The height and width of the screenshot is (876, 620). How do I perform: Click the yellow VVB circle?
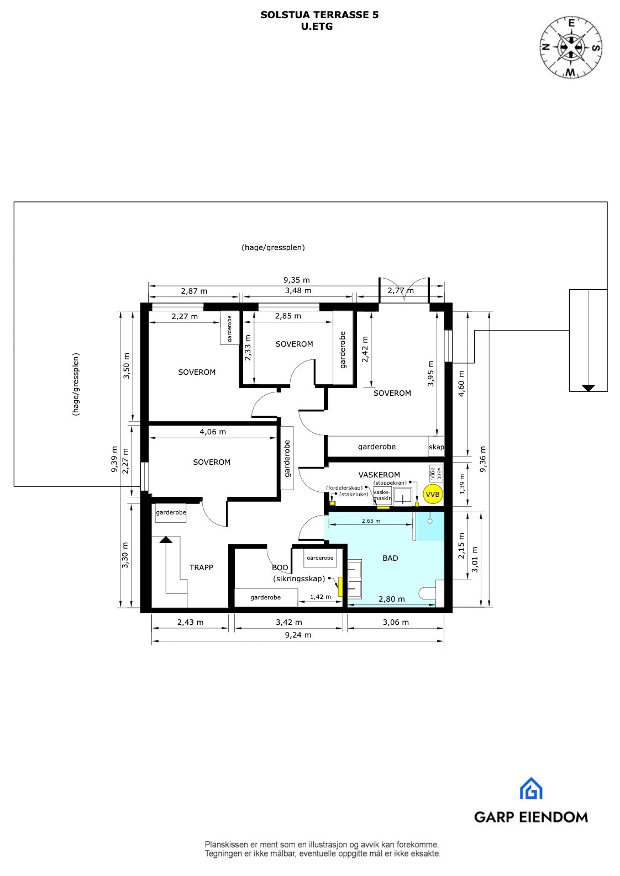[x=433, y=495]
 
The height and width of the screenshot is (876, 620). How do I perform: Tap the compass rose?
[x=571, y=47]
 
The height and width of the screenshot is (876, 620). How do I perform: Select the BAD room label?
[x=390, y=558]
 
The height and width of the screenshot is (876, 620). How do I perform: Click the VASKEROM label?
[x=379, y=475]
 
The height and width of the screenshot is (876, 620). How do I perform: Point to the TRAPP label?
[x=201, y=567]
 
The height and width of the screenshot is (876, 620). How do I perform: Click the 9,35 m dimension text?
[x=297, y=280]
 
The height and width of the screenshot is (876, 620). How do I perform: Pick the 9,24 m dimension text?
[x=298, y=635]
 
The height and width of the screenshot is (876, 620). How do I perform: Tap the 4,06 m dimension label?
[x=213, y=432]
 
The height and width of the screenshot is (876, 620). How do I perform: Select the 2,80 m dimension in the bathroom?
[x=391, y=599]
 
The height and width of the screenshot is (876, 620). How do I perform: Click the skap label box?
[x=436, y=447]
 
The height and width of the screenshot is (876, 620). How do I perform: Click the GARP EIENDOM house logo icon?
[x=531, y=789]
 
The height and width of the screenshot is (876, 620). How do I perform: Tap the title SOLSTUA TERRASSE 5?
[x=319, y=15]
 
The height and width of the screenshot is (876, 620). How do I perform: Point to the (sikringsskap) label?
[x=299, y=578]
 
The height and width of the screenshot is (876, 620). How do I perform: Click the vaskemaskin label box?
[x=382, y=495]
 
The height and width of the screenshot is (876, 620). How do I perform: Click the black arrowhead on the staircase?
[x=166, y=539]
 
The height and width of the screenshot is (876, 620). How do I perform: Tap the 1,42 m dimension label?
[x=320, y=597]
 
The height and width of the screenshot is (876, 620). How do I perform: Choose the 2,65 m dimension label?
[x=371, y=521]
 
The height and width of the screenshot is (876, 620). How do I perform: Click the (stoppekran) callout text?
[x=390, y=482]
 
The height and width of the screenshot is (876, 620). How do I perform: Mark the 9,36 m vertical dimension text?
[x=483, y=459]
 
